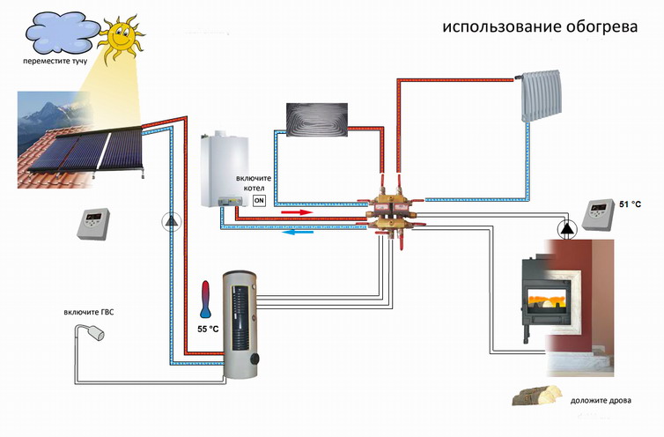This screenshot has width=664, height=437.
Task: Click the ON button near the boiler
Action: coord(259,200)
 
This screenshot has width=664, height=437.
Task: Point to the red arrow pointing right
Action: coord(295,212)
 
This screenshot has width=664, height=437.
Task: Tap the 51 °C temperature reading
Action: coord(631,204)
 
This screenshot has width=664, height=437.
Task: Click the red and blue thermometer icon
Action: coord(205,300)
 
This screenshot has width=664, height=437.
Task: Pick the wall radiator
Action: coord(541,96)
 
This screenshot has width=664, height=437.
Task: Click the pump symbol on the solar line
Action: coord(169,221)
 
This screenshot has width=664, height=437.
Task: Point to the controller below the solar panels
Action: coord(92,224)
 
